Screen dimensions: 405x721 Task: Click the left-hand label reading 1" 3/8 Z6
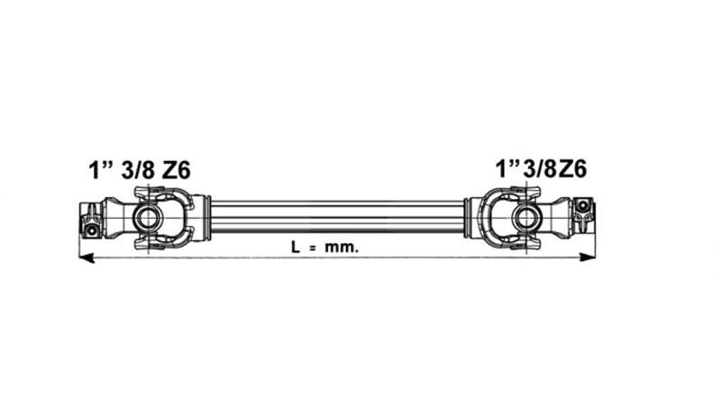click(139, 169)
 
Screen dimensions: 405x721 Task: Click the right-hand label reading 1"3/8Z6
click(542, 169)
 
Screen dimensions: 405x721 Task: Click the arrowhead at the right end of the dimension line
click(589, 258)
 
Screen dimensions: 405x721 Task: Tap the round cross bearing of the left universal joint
click(147, 217)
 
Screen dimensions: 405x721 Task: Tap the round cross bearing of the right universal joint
click(524, 217)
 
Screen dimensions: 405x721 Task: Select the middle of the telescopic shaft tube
click(338, 217)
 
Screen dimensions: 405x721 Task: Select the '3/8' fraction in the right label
click(539, 169)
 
